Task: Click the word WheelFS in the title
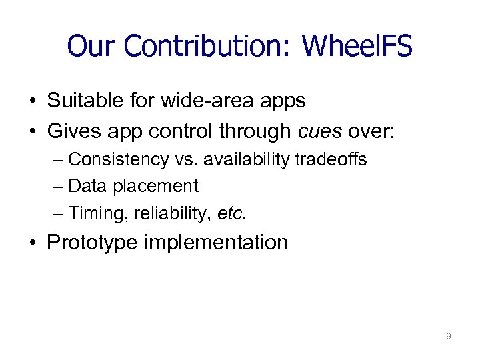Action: pyautogui.click(x=357, y=47)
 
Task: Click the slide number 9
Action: pyautogui.click(x=448, y=337)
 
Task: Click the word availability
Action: pyautogui.click(x=249, y=160)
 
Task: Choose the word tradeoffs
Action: pyautogui.click(x=333, y=160)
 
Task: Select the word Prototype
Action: pyautogui.click(x=93, y=242)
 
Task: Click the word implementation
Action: pyautogui.click(x=217, y=242)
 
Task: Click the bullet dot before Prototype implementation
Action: pyautogui.click(x=32, y=242)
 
